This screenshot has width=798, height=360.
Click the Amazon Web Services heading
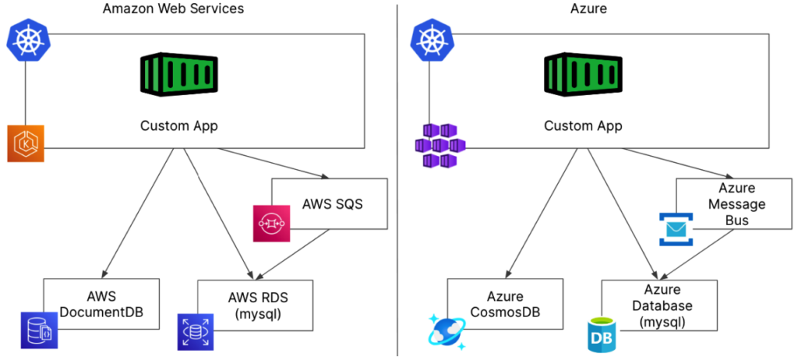173,9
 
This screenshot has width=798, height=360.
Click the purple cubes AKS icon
440,145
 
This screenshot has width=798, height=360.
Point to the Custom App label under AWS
178,125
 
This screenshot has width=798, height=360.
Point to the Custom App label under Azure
582,125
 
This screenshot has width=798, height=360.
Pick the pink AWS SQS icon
271,222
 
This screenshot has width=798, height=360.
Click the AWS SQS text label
333,204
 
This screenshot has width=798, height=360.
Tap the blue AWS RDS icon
196,331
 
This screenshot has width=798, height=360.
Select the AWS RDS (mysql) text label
259,305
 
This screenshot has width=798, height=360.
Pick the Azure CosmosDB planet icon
447,330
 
